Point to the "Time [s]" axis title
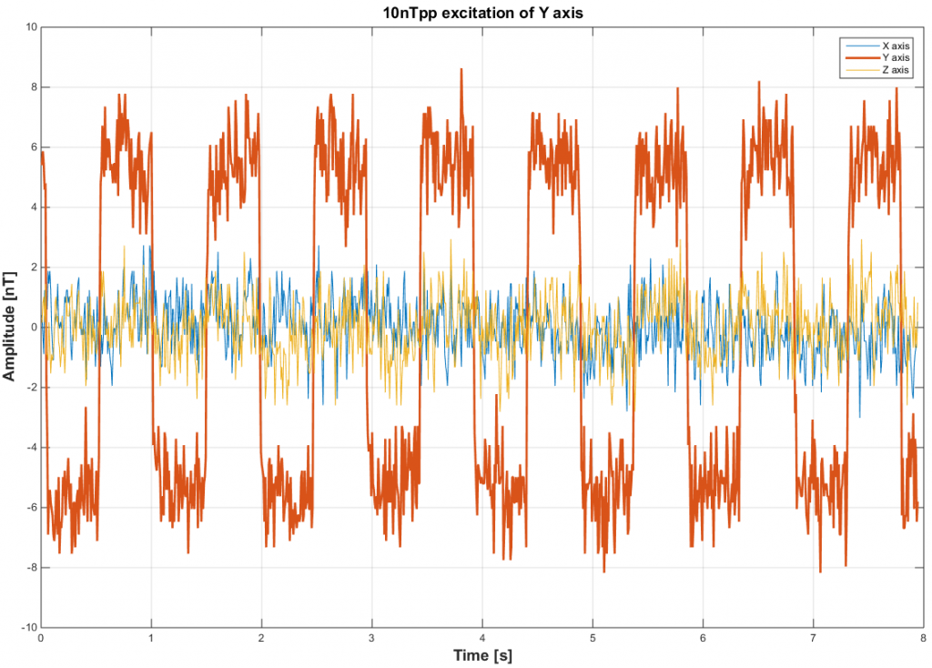click(x=481, y=655)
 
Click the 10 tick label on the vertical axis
click(x=29, y=27)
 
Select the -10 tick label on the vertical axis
click(x=27, y=628)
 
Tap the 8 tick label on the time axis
click(x=923, y=638)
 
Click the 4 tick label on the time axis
click(x=482, y=638)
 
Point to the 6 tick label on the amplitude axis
click(x=33, y=147)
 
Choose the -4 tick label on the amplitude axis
click(x=30, y=448)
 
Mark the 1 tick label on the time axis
click(x=151, y=638)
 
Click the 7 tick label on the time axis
click(x=813, y=638)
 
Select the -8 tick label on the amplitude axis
click(x=30, y=568)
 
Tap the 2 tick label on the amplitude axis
click(x=33, y=268)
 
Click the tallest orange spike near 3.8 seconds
click(x=461, y=70)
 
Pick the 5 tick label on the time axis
click(x=593, y=638)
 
